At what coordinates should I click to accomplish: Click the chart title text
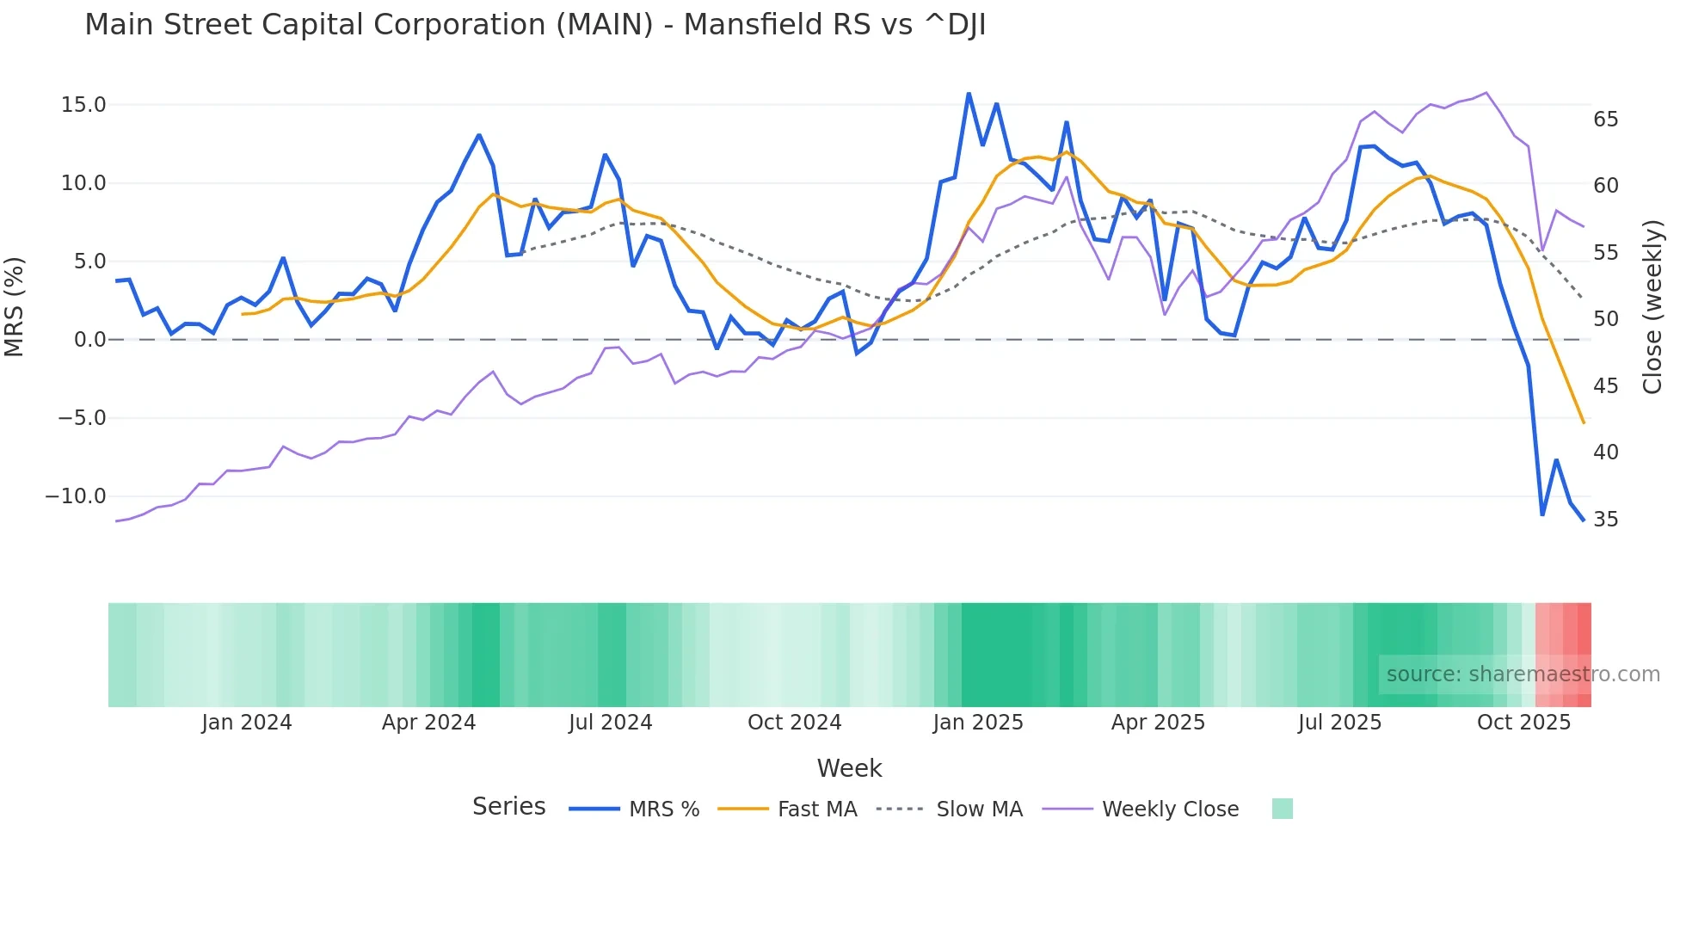(534, 25)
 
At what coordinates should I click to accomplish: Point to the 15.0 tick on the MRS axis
(83, 105)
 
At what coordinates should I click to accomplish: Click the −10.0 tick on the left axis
(76, 496)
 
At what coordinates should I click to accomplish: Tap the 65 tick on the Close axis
(1605, 120)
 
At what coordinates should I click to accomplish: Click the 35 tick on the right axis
(1605, 520)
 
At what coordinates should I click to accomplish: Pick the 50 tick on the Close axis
(1605, 319)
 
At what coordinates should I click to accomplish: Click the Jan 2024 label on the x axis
(247, 723)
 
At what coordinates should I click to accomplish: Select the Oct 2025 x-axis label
(1523, 723)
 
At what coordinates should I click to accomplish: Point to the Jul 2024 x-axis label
(610, 723)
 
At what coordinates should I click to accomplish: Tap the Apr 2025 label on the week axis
(1158, 723)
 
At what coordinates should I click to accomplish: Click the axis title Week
(849, 768)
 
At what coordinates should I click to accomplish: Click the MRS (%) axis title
(15, 307)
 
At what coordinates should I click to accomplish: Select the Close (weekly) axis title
(1652, 307)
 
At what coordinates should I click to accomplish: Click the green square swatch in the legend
(1282, 809)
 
